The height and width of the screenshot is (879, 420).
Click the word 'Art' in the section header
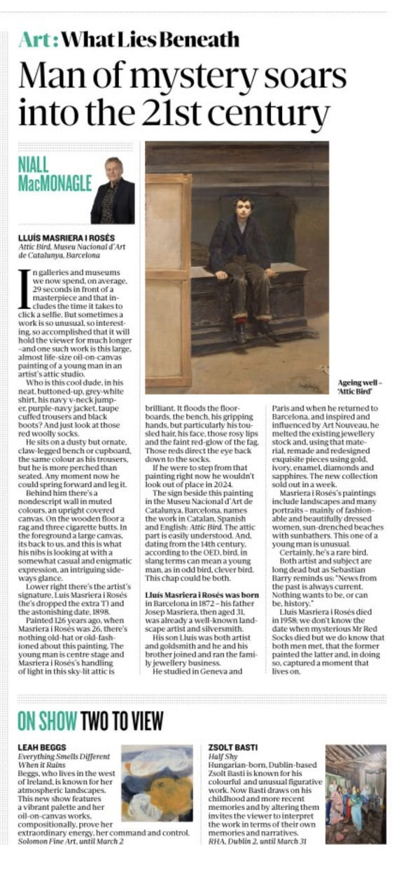36,39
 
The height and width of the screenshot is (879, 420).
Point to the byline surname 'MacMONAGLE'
52,183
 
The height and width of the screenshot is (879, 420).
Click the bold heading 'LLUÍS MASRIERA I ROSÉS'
66,237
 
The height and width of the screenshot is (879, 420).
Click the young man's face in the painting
244,213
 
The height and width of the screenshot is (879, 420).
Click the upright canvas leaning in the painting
169,280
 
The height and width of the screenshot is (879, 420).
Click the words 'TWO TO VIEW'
122,720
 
